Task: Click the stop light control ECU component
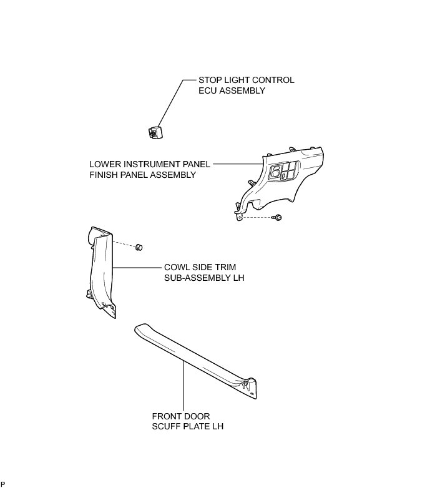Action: coord(154,132)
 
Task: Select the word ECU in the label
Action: coord(207,91)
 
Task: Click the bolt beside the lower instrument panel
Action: coord(278,217)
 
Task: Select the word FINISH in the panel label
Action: coord(104,175)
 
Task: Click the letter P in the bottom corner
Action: coord(2,485)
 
